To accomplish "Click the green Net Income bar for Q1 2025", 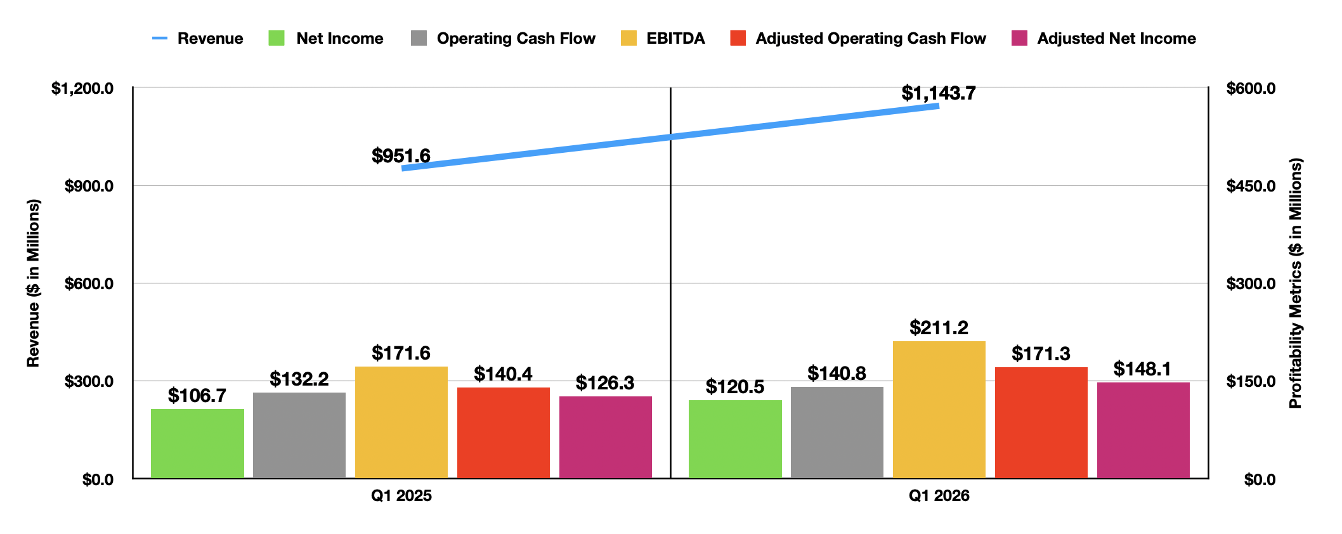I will [x=197, y=443].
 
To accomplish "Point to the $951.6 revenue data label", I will [x=401, y=155].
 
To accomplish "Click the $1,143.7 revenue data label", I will [x=939, y=93].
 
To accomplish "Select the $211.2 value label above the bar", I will [x=939, y=328].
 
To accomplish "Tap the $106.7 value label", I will [x=197, y=396].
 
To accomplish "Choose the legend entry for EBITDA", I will [x=663, y=39].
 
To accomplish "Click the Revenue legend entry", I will [x=198, y=39].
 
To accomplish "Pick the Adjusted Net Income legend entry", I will [x=1104, y=39].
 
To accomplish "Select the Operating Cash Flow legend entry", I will [x=503, y=39].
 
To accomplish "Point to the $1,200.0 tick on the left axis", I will [x=82, y=88].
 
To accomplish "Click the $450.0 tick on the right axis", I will [x=1251, y=186].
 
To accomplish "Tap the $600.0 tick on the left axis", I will [x=89, y=283].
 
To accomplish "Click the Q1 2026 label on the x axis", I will [x=939, y=496].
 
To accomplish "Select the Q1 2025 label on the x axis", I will [x=401, y=496].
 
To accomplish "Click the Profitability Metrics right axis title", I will [x=1295, y=283].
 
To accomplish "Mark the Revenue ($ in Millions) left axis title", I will [x=33, y=283].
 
